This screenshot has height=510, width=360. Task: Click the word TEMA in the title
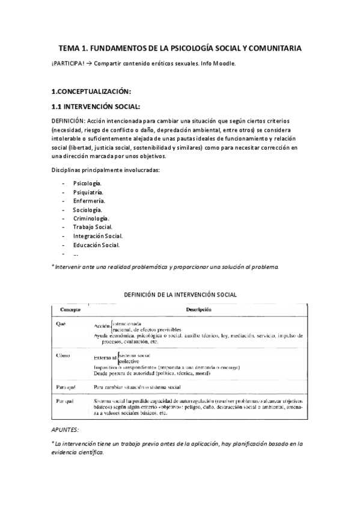(68, 48)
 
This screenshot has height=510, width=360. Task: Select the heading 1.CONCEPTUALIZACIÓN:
(91, 91)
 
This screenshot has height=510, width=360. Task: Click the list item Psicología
(87, 182)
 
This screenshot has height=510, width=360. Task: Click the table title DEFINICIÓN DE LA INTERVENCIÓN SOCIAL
(180, 295)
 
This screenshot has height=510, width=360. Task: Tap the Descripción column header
(199, 309)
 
